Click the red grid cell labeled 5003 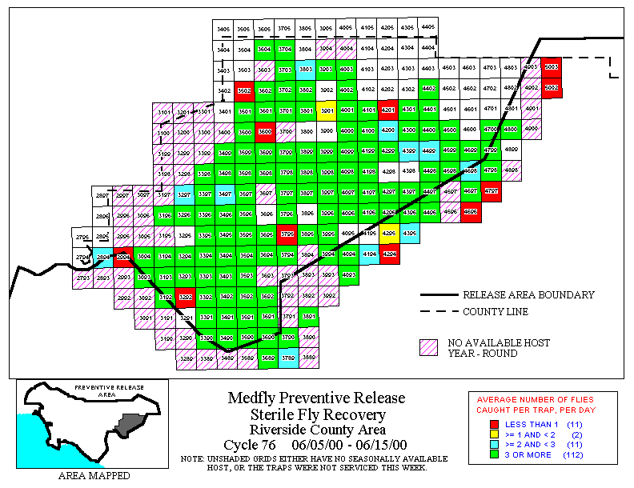coord(551,68)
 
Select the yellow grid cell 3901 coord(327,110)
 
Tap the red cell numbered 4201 coord(388,110)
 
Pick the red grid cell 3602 coord(245,92)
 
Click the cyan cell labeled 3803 coord(306,70)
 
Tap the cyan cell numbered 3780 coord(288,358)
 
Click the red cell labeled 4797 coord(492,192)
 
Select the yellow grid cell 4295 coord(389,234)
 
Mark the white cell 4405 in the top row coord(428,27)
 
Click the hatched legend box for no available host coord(429,347)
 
